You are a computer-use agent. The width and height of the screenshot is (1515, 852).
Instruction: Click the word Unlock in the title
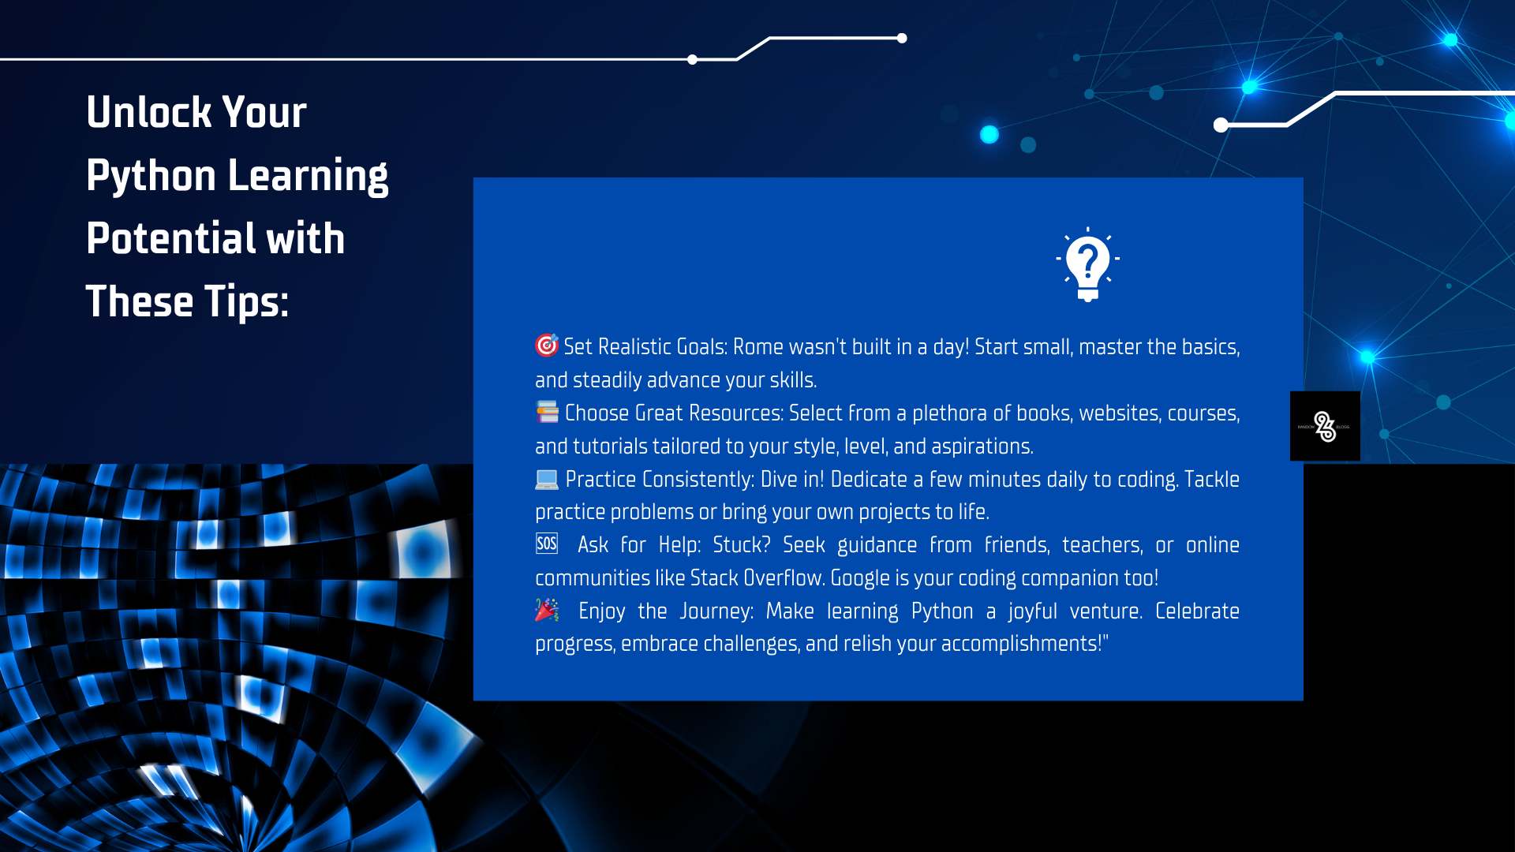point(149,112)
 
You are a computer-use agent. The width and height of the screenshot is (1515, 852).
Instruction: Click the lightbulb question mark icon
point(1087,264)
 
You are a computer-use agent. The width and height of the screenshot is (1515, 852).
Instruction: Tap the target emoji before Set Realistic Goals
point(546,345)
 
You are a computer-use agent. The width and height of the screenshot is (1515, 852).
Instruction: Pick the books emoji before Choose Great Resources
point(547,412)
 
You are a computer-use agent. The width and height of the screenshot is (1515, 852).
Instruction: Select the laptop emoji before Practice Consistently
point(546,478)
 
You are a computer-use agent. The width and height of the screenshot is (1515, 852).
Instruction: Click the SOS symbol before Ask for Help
point(546,544)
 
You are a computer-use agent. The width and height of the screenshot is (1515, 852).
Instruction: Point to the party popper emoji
point(546,610)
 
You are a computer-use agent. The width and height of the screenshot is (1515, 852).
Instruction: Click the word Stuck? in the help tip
point(742,545)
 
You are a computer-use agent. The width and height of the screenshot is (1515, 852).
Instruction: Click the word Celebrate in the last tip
point(1198,611)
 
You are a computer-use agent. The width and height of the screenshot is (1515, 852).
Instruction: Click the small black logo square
point(1325,426)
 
